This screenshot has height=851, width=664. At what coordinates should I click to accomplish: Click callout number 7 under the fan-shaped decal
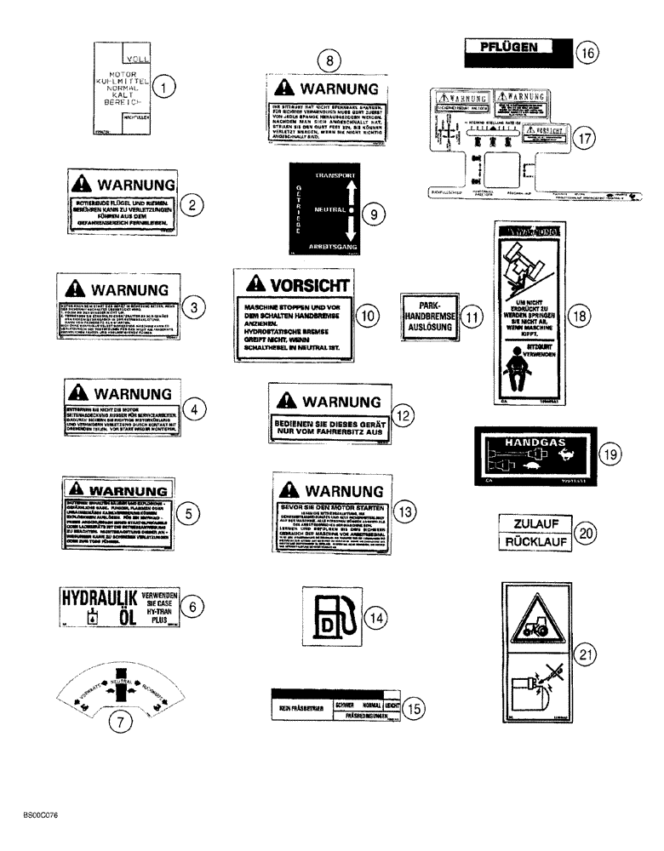(x=125, y=722)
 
